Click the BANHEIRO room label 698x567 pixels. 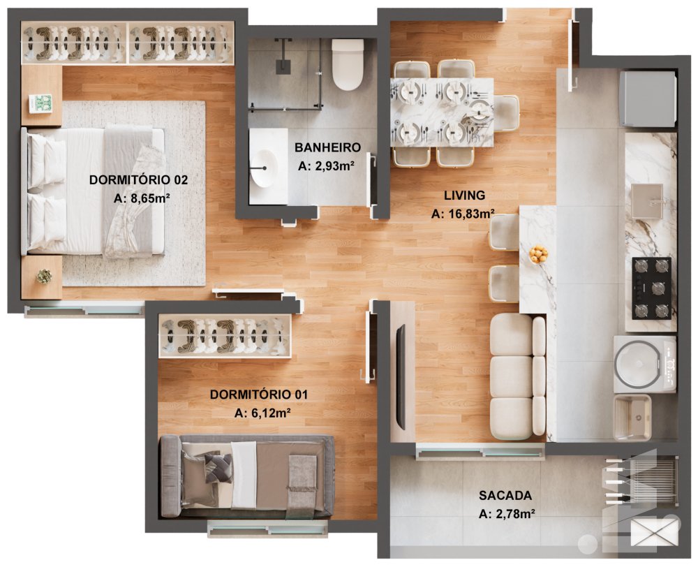pyautogui.click(x=327, y=147)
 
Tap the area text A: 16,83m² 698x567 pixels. pyautogui.click(x=463, y=214)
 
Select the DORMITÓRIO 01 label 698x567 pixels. pyautogui.click(x=259, y=395)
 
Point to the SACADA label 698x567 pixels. pyautogui.click(x=505, y=495)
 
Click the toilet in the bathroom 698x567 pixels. pyautogui.click(x=348, y=64)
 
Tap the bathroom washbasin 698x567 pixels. pyautogui.click(x=264, y=168)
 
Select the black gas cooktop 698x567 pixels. pyautogui.click(x=651, y=288)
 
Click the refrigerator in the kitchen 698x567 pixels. pyautogui.click(x=648, y=98)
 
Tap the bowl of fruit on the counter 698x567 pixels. pyautogui.click(x=539, y=254)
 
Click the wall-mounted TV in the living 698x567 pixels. pyautogui.click(x=401, y=377)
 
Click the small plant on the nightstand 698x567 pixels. pyautogui.click(x=44, y=277)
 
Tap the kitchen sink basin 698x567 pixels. pyautogui.click(x=647, y=201)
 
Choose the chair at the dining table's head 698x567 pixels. pyautogui.click(x=506, y=113)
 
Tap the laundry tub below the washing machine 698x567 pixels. pyautogui.click(x=632, y=418)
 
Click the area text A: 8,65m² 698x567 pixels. pyautogui.click(x=142, y=198)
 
